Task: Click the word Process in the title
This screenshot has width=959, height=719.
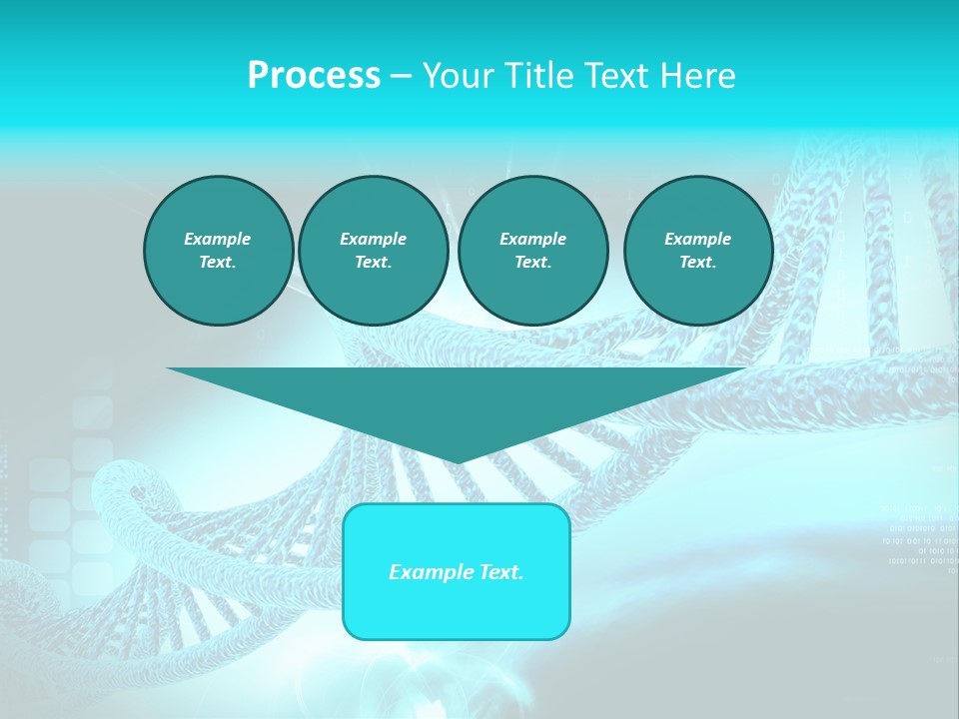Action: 314,76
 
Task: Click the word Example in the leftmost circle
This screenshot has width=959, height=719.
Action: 217,239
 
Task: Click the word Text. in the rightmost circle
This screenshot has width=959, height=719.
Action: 697,262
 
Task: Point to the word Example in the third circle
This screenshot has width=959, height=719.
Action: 532,239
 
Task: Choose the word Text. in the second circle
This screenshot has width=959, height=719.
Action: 373,262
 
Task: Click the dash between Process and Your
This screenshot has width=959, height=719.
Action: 401,76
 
